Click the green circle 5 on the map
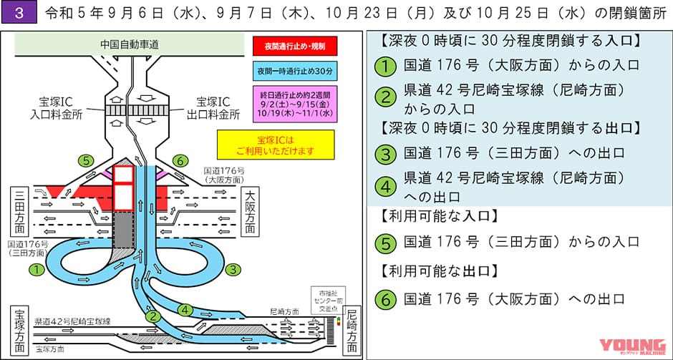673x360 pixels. coord(87,160)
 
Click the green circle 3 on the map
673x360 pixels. coord(231,270)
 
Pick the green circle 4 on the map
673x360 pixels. coord(185,310)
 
